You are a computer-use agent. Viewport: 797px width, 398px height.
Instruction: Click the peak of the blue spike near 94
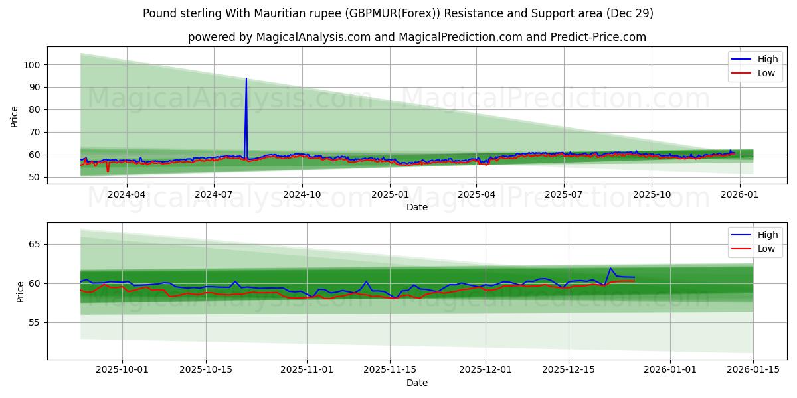click(246, 78)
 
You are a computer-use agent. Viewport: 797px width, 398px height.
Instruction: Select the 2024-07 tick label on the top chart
click(213, 195)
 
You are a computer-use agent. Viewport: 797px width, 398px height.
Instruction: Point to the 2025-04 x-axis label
click(476, 195)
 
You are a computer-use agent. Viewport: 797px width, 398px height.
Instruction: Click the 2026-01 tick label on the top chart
click(739, 195)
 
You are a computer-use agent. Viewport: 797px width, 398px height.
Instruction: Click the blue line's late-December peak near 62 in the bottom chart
click(610, 268)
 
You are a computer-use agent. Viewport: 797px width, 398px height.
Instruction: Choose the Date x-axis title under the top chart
click(416, 207)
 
